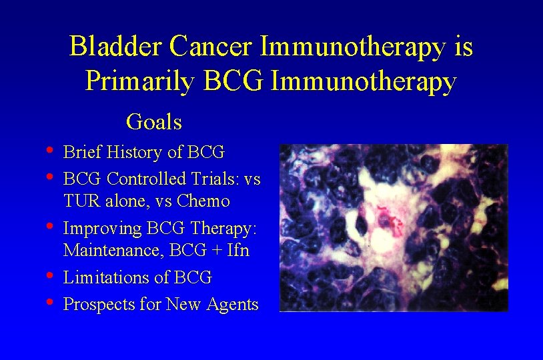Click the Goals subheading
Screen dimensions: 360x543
point(154,122)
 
